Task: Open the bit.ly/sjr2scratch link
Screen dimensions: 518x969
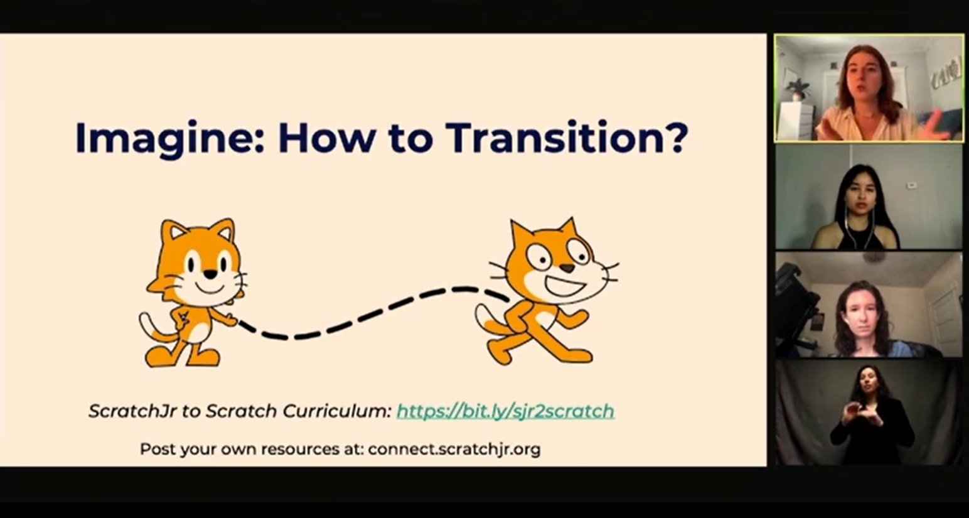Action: (505, 411)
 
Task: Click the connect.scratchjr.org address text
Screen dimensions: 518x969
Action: (454, 450)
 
